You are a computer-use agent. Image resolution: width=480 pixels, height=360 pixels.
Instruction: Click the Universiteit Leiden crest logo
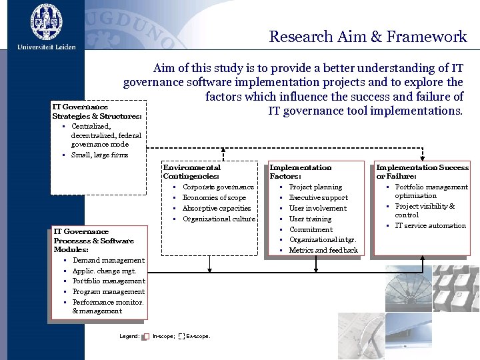(46, 21)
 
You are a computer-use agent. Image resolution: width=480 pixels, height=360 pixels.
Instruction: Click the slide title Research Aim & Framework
(367, 37)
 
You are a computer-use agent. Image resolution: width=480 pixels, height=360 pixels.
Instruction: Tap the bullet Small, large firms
(99, 155)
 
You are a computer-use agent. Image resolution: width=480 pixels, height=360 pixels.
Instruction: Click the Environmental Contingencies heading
(191, 172)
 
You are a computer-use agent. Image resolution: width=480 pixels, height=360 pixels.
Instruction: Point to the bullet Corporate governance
(218, 187)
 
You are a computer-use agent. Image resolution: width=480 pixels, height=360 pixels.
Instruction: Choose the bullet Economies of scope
(214, 198)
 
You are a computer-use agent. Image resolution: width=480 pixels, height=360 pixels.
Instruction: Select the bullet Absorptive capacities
(216, 209)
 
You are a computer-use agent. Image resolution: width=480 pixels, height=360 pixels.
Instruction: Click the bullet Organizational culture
(219, 219)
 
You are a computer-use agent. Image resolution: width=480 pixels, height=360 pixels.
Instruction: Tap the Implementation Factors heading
(300, 172)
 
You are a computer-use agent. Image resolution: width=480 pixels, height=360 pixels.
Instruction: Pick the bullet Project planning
(315, 187)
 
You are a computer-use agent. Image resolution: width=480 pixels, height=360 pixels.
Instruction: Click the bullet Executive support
(318, 198)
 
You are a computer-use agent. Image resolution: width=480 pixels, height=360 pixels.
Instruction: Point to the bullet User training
(310, 219)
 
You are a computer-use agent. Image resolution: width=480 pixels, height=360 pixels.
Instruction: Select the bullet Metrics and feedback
(323, 251)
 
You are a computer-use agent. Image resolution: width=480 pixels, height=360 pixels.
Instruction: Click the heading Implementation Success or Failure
(422, 172)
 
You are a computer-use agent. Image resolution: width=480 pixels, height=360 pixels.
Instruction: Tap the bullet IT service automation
(430, 226)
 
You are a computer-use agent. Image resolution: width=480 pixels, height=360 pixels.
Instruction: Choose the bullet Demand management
(108, 261)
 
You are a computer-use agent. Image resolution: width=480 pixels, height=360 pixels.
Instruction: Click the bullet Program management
(108, 292)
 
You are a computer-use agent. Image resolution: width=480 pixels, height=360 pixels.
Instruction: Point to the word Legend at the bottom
(129, 337)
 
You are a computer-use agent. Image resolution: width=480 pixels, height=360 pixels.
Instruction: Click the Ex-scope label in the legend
(198, 337)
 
